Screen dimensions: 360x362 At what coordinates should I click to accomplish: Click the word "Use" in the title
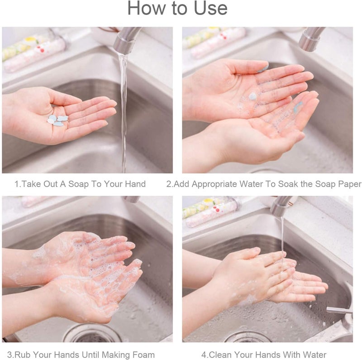206,9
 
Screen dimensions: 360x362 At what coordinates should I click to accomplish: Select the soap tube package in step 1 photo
34,52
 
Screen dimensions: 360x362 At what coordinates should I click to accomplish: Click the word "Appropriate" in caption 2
215,184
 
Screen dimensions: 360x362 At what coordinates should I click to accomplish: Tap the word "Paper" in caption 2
350,184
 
